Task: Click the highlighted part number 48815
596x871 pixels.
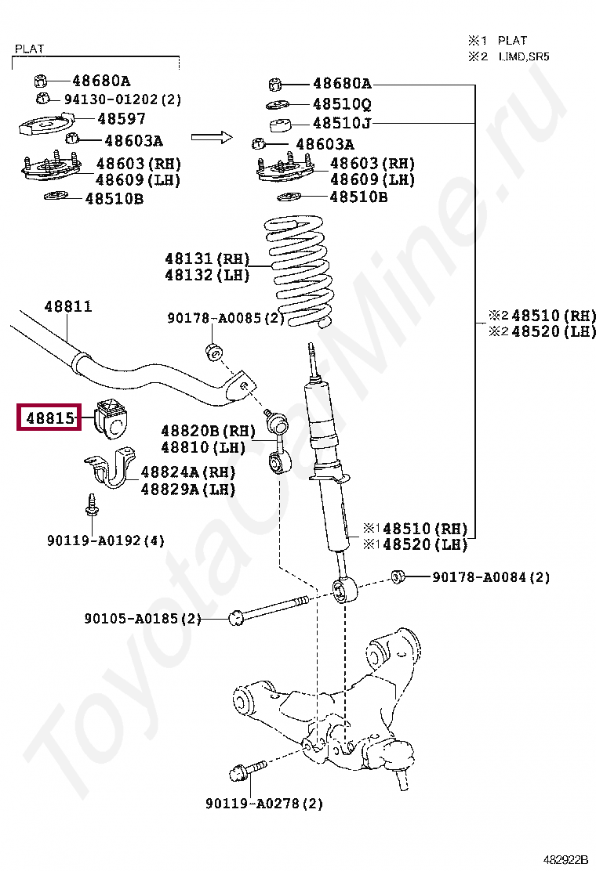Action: [49, 419]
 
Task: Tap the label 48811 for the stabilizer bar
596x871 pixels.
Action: [67, 306]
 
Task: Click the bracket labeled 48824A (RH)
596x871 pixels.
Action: [110, 470]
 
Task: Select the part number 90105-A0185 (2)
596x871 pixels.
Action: [143, 619]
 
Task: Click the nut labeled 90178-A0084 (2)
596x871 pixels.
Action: [398, 577]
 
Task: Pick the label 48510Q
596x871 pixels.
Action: [342, 103]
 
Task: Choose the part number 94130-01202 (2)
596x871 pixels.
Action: [122, 99]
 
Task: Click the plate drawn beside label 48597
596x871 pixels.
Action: [45, 125]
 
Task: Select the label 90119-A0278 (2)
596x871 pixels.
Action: [264, 803]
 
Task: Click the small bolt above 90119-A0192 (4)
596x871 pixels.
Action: [91, 505]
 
